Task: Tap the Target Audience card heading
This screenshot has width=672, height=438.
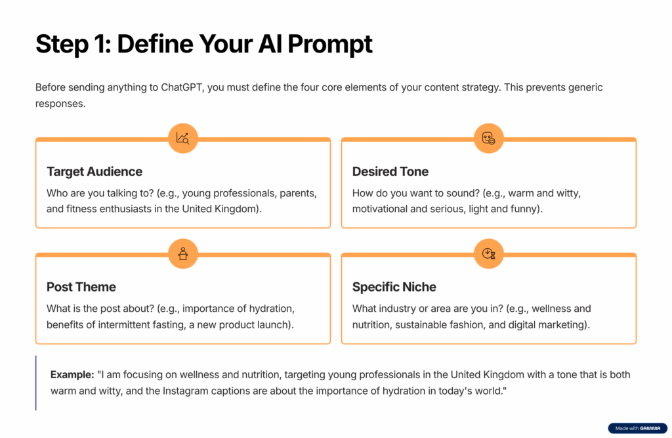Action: pos(94,171)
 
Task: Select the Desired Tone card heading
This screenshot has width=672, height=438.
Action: pos(390,171)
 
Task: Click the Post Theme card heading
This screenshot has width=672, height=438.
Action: pos(81,287)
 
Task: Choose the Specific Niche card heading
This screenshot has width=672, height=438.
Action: pos(394,287)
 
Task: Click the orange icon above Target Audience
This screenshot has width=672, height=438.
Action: pos(182,139)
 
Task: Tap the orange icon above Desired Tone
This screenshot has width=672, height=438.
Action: pos(488,139)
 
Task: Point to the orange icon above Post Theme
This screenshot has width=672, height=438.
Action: pos(182,254)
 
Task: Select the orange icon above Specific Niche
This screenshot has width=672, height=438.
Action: pos(488,254)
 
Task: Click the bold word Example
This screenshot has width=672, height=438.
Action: pos(72,374)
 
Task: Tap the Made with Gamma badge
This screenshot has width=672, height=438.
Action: pos(637,428)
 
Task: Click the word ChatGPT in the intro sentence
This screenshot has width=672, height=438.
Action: pos(182,87)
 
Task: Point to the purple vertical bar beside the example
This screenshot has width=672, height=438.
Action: pos(36,383)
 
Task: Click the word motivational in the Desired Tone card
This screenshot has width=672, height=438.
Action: pos(383,209)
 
